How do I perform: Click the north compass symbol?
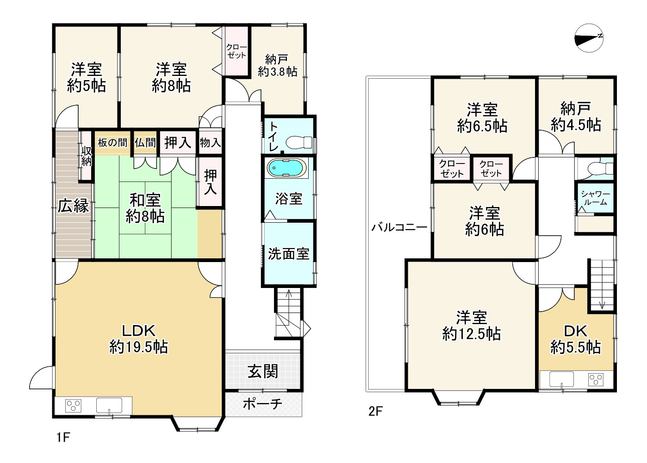pyautogui.click(x=589, y=38)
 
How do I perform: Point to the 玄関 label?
pyautogui.click(x=263, y=371)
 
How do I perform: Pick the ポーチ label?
pyautogui.click(x=262, y=404)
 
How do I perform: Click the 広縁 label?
pyautogui.click(x=73, y=206)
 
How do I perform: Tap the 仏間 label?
pyautogui.click(x=145, y=143)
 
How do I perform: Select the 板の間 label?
pyautogui.click(x=112, y=143)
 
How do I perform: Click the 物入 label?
pyautogui.click(x=210, y=143)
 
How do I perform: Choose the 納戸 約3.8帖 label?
pyautogui.click(x=277, y=65)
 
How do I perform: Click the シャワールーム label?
pyautogui.click(x=596, y=198)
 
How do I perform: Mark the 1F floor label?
pyautogui.click(x=63, y=437)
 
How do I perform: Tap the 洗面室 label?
pyautogui.click(x=288, y=254)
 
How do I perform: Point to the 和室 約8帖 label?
pyautogui.click(x=145, y=208)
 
